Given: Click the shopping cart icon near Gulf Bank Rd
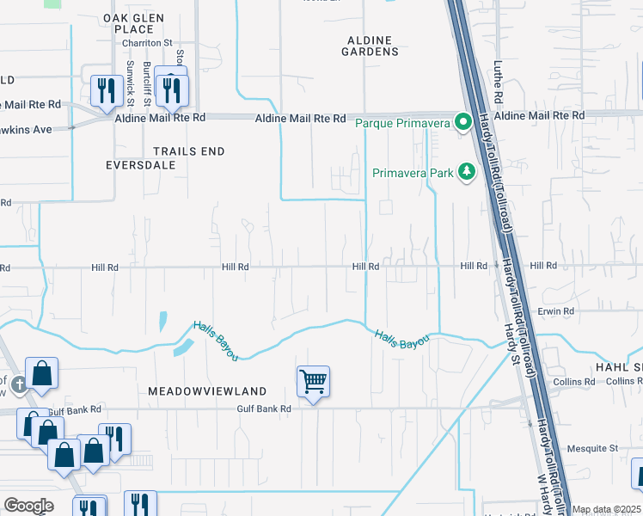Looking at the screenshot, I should pos(314,380).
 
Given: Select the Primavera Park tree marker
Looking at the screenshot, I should pos(467,172).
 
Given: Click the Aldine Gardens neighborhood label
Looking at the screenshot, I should pos(372,46).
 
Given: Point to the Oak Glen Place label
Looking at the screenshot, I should pos(127,23).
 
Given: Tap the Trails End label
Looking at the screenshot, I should pos(188,151).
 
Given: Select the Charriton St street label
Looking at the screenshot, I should pos(148,40).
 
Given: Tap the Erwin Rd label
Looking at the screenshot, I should pos(556,310).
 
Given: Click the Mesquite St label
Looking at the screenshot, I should pos(600,448).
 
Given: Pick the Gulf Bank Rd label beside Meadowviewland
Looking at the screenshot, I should pos(265,409).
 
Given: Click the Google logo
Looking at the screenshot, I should pos(28,506).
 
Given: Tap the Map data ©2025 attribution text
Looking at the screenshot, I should pos(606,509).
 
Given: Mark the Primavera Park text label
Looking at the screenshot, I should pos(413,173).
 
